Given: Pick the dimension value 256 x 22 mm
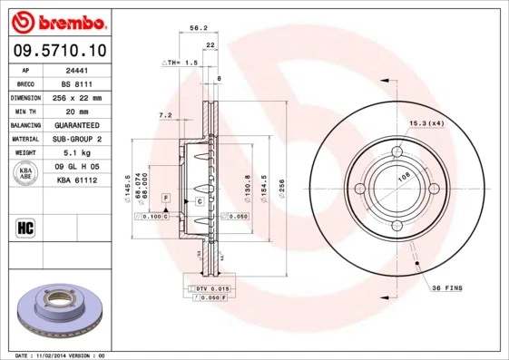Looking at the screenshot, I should coord(76,97).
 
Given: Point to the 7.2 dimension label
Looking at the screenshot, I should coord(165,115).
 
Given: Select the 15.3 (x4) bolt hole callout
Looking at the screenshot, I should coord(426,122).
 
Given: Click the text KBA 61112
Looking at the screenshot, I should coord(76,181).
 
